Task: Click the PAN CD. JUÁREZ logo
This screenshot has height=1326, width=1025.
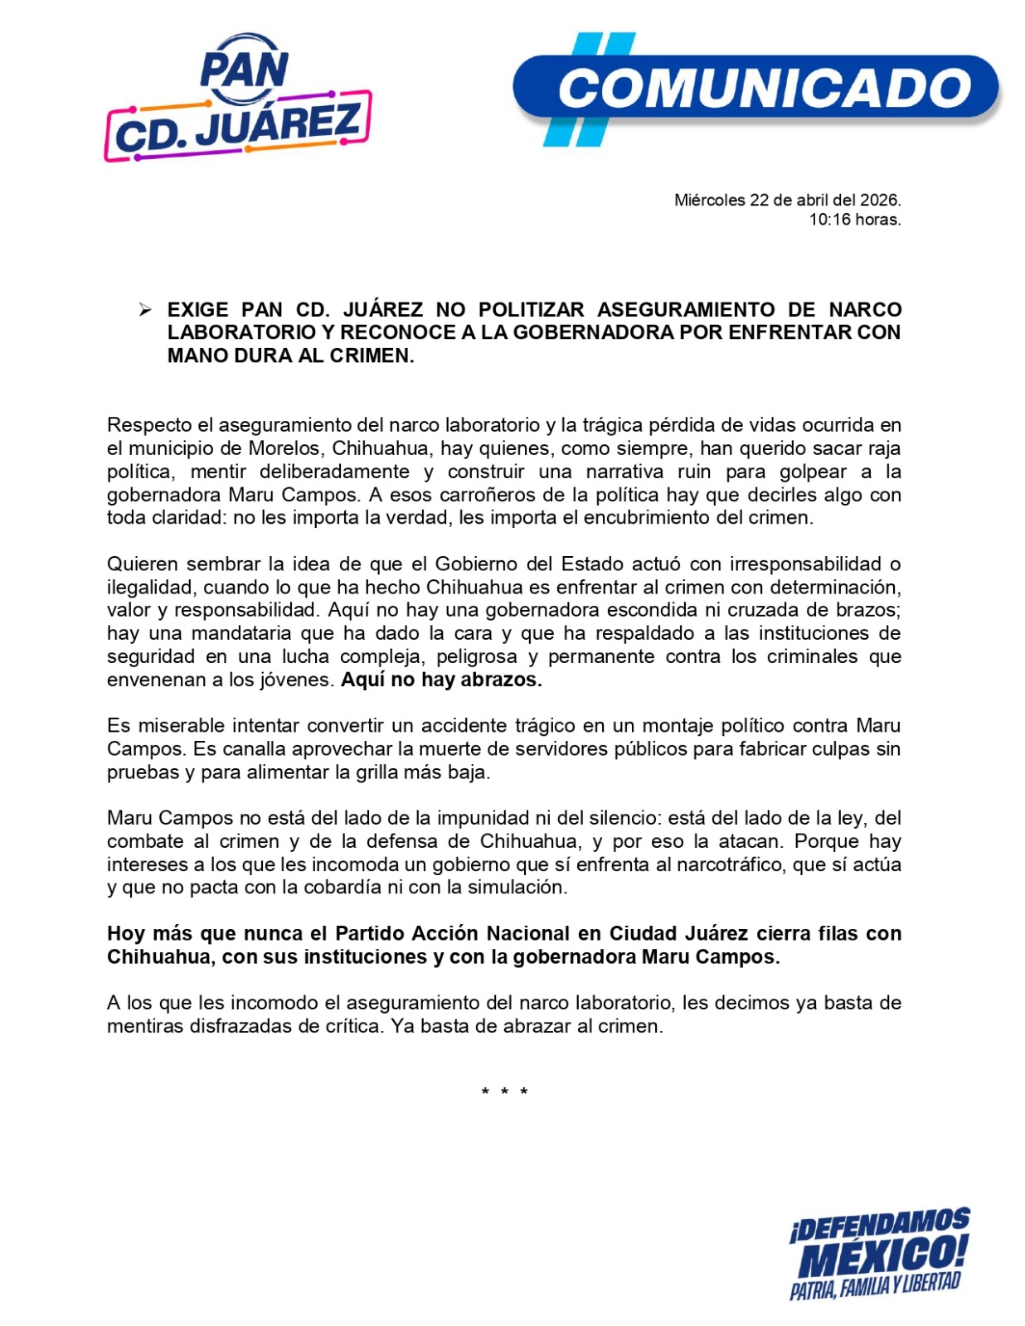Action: click(x=238, y=99)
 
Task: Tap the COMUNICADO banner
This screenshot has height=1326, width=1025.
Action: click(x=756, y=88)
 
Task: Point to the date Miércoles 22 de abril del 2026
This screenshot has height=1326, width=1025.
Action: click(x=787, y=200)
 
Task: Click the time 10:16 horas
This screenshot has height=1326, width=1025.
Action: click(x=855, y=220)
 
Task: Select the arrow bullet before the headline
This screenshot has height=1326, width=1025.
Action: click(x=145, y=310)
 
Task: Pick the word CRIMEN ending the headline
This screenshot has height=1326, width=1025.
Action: click(x=375, y=356)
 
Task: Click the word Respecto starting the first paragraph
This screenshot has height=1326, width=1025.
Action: click(x=148, y=425)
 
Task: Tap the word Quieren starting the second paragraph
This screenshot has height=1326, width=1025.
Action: click(x=143, y=564)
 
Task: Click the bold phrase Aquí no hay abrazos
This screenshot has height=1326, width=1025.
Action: click(x=441, y=680)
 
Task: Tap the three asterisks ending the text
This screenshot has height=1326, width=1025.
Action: click(x=504, y=1092)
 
